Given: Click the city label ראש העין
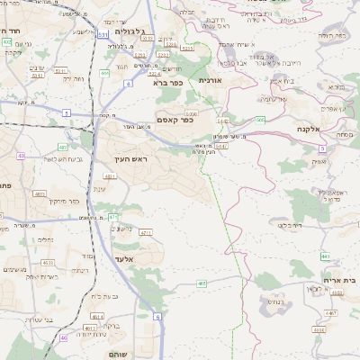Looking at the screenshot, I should (x=130, y=158).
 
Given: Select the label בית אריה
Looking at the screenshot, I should (x=342, y=280).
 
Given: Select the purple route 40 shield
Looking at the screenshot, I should (x=64, y=338).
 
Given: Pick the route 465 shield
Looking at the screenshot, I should (x=202, y=283).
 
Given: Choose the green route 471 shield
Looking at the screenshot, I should (x=112, y=217).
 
